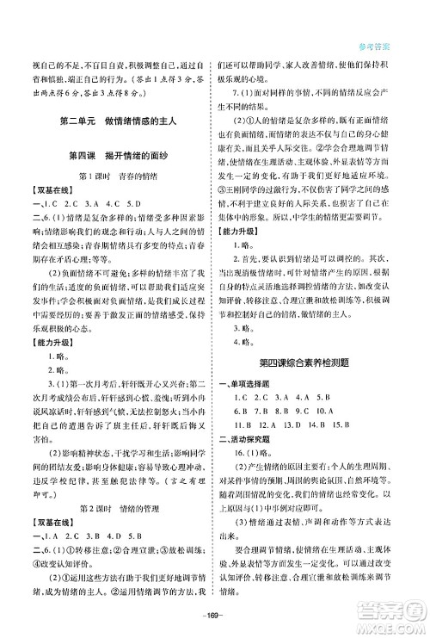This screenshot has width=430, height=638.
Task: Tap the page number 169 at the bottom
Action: click(x=215, y=614)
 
